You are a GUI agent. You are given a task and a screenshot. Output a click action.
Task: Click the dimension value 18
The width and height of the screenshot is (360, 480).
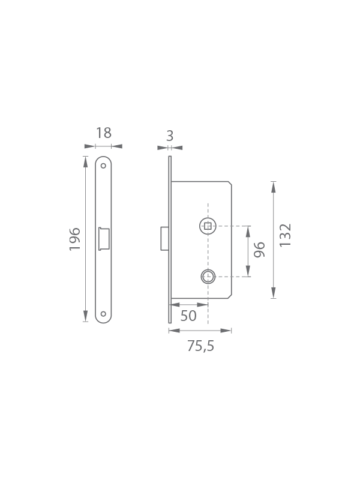(104, 133)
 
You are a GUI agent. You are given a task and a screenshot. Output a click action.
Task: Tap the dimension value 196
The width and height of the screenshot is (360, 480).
(74, 239)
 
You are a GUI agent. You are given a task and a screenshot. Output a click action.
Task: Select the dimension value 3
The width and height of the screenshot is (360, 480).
(170, 136)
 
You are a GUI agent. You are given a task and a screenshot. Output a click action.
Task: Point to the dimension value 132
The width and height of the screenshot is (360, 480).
(286, 235)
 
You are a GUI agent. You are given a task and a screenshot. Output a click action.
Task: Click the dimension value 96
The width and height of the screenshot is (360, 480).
(259, 250)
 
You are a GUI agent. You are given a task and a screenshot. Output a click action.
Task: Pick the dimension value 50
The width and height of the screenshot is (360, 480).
(188, 316)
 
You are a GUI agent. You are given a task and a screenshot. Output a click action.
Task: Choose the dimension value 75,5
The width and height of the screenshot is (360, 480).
(201, 346)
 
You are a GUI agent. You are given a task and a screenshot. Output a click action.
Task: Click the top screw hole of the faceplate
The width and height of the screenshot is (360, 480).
(103, 166)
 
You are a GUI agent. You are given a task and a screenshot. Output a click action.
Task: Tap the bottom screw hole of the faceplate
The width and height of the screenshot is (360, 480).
(103, 314)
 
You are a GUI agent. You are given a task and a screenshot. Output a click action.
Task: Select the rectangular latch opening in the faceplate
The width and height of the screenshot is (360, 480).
(104, 239)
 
